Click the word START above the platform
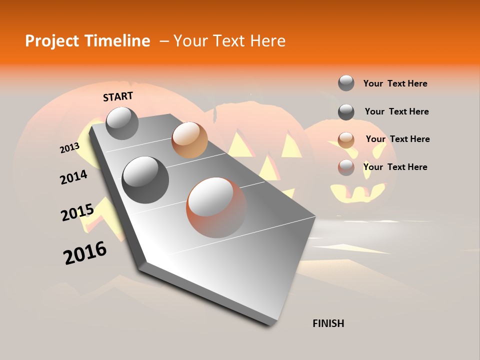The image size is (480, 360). click(118, 96)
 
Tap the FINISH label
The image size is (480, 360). click(328, 323)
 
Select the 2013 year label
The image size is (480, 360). click(70, 147)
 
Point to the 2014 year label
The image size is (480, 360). click(73, 177)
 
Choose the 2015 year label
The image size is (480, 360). click(77, 212)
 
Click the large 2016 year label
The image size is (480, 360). click(85, 252)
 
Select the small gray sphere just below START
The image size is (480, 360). click(122, 123)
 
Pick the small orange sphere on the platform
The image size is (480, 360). click(189, 140)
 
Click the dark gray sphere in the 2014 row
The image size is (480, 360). click(145, 180)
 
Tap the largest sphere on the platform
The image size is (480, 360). click(216, 207)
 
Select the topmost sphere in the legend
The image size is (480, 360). click(346, 83)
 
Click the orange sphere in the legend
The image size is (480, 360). click(346, 140)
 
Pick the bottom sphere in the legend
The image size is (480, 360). click(346, 167)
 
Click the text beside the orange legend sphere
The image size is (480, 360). click(397, 139)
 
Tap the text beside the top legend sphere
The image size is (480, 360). click(395, 83)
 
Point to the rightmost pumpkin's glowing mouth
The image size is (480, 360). click(357, 192)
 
